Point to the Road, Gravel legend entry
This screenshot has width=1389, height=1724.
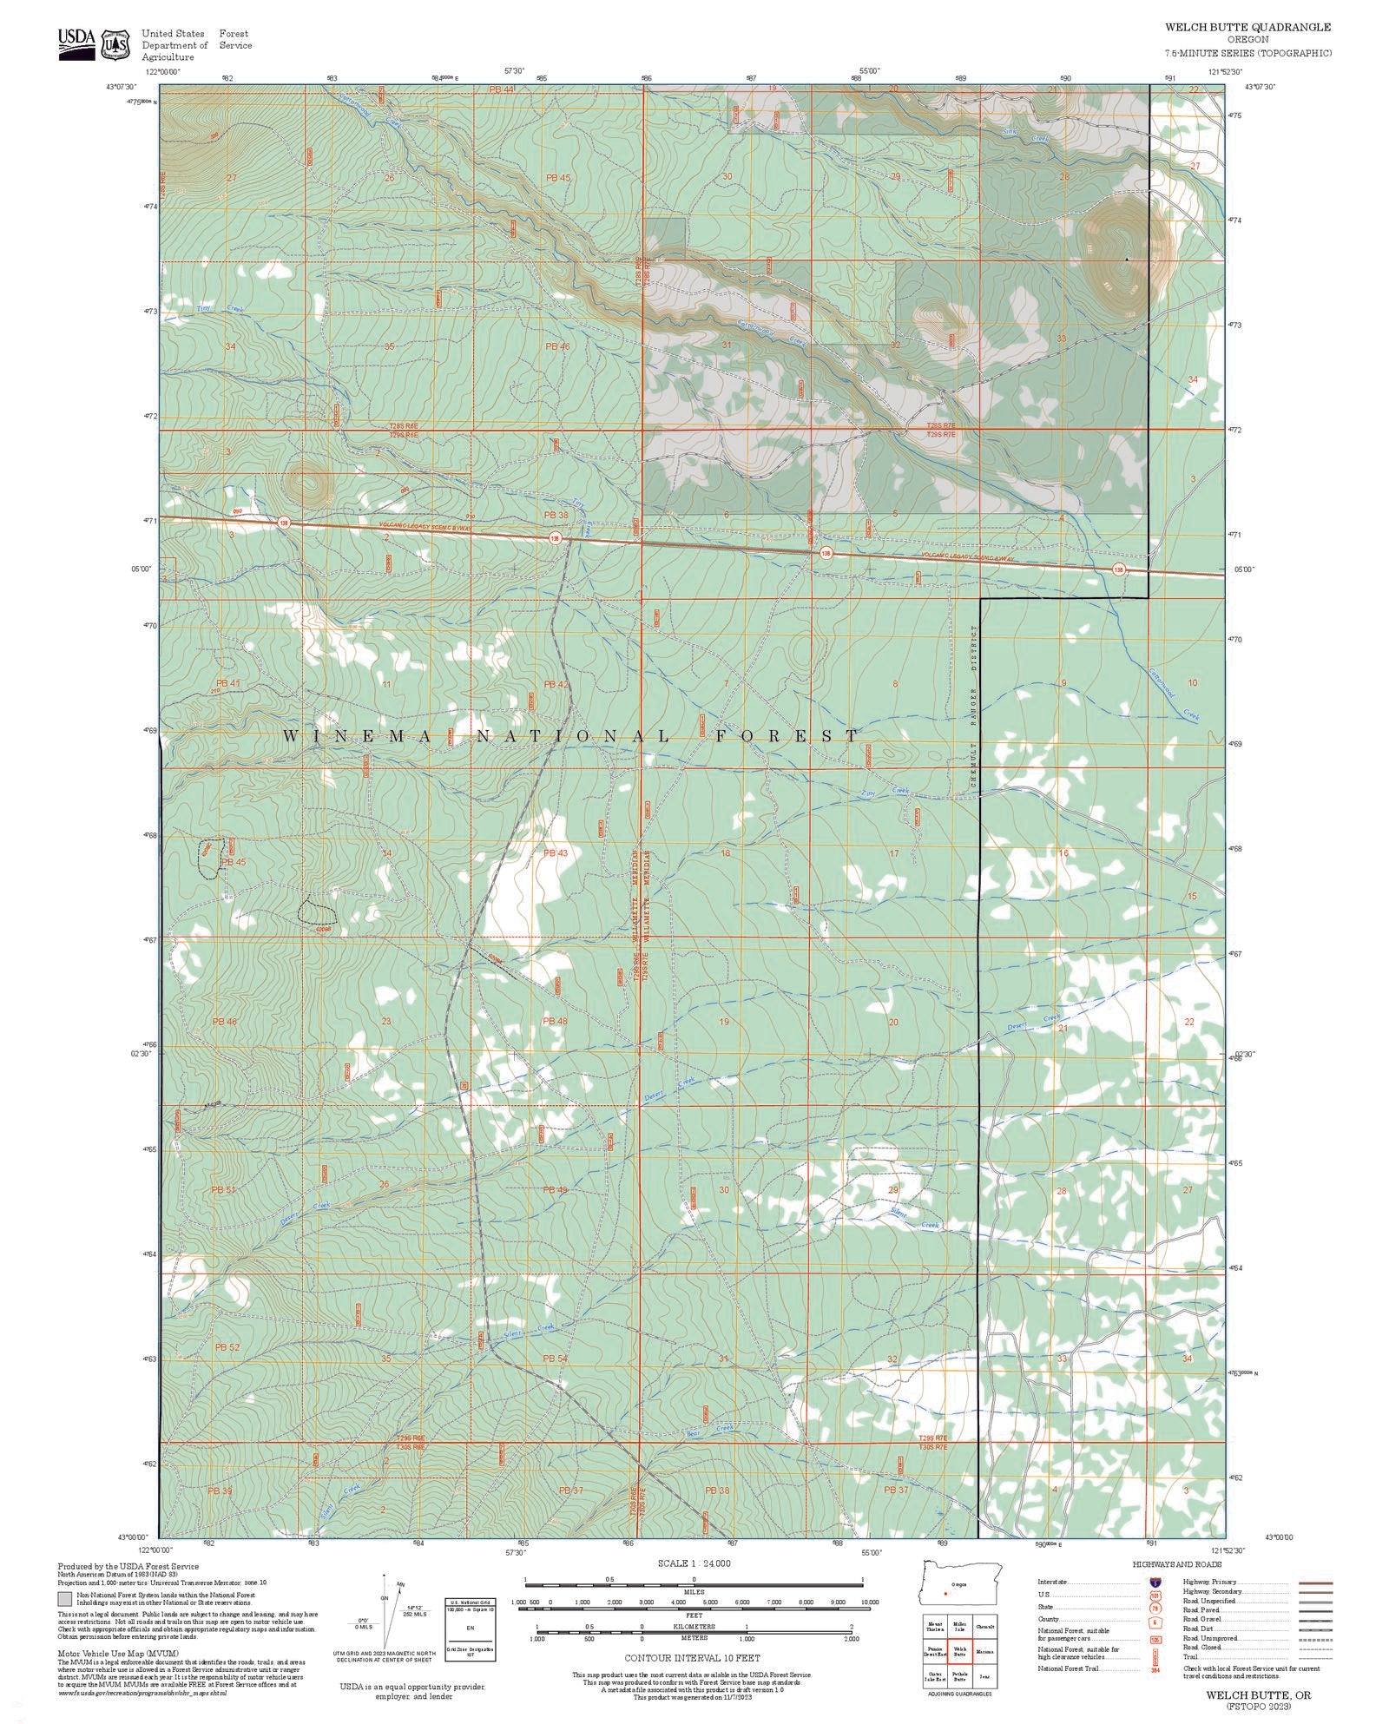pos(1201,1619)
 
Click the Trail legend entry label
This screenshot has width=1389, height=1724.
pos(1190,1656)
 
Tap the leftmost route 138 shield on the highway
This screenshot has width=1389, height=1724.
pos(283,523)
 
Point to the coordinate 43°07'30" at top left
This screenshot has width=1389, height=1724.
pos(122,86)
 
